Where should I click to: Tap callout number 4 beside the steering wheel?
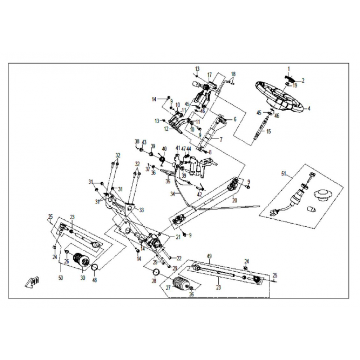pos(309,108)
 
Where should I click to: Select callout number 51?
pos(283,173)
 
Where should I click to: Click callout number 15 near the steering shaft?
pos(269,131)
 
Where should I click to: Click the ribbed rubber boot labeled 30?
pos(81,263)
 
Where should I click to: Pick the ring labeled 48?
pos(95,269)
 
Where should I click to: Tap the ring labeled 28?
pos(156,272)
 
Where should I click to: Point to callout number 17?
pos(209,74)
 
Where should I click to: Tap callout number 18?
pos(233,74)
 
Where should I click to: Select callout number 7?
pos(221,139)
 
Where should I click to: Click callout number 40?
pos(164,148)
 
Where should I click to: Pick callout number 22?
pos(179,258)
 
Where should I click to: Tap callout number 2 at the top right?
pos(303,81)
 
